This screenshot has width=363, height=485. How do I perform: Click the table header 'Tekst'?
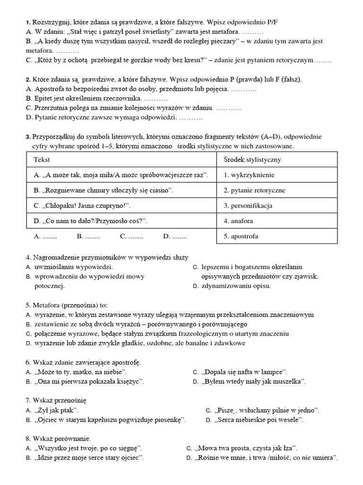point(42,160)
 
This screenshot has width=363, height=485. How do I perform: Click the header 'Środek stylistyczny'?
point(252,160)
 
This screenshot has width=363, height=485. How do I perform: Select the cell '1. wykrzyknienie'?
point(249,175)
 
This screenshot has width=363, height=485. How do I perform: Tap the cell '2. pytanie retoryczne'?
point(255,190)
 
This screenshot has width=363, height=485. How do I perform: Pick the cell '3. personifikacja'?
point(248,206)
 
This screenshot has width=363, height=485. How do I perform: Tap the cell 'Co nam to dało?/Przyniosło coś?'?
point(91,221)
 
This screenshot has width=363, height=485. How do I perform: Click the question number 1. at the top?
point(28,22)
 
